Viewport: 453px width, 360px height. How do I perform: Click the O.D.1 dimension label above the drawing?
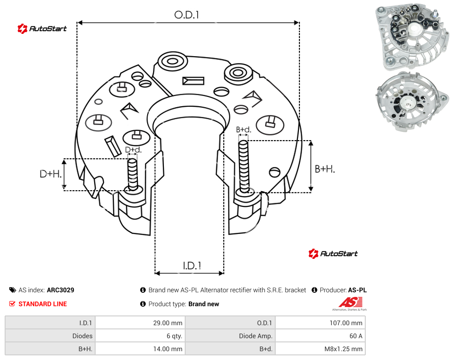187,15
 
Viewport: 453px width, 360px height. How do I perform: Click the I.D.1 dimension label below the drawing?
192,266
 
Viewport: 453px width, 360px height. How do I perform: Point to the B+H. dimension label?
325,169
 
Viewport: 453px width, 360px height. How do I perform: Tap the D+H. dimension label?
51,174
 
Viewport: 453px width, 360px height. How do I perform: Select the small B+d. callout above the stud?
244,129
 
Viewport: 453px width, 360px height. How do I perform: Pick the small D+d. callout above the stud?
133,150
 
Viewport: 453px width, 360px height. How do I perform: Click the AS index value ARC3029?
60,290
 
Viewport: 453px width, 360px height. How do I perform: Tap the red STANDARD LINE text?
43,304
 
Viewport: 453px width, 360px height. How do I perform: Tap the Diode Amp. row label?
256,336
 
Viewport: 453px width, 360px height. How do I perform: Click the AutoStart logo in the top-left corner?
42,29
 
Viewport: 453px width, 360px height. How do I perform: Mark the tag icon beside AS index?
13,290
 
